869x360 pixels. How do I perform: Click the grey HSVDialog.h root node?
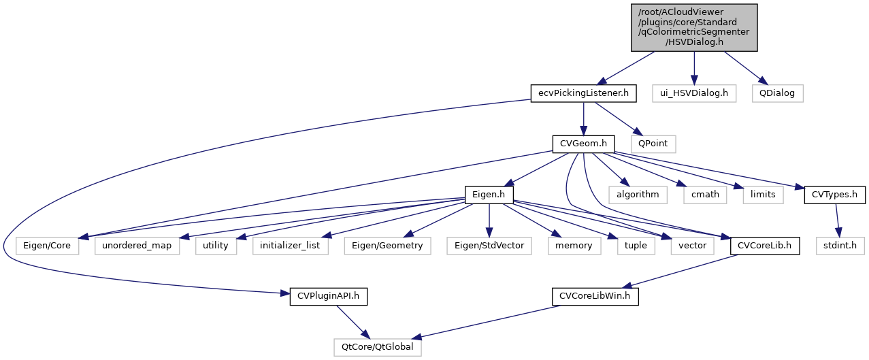pos(693,27)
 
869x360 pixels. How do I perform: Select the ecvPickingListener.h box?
pos(583,93)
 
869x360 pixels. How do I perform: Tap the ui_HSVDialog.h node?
pos(693,93)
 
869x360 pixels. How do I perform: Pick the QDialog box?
pos(777,93)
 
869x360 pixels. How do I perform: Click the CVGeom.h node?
pos(583,144)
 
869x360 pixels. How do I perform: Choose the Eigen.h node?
pos(488,195)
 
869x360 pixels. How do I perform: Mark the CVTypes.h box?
pos(834,195)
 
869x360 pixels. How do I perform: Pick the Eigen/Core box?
pos(47,245)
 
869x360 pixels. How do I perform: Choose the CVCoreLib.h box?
pos(765,245)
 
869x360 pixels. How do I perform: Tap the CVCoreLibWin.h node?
pos(594,296)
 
